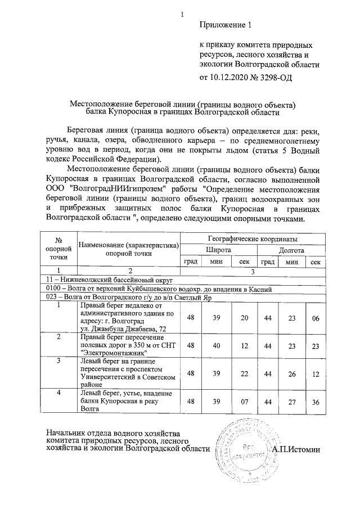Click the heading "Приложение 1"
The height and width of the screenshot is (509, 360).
[224, 25]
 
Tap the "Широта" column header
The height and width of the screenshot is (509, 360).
[218, 250]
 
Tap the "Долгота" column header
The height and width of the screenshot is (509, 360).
[291, 250]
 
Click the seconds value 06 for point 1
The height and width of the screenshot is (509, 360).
[316, 318]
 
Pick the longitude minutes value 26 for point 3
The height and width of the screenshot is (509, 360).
[291, 373]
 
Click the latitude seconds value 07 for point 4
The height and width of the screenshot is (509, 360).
[244, 401]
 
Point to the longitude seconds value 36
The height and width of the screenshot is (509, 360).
[316, 401]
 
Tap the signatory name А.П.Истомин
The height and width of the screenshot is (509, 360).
[295, 449]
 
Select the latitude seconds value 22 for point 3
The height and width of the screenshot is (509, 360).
[244, 373]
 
